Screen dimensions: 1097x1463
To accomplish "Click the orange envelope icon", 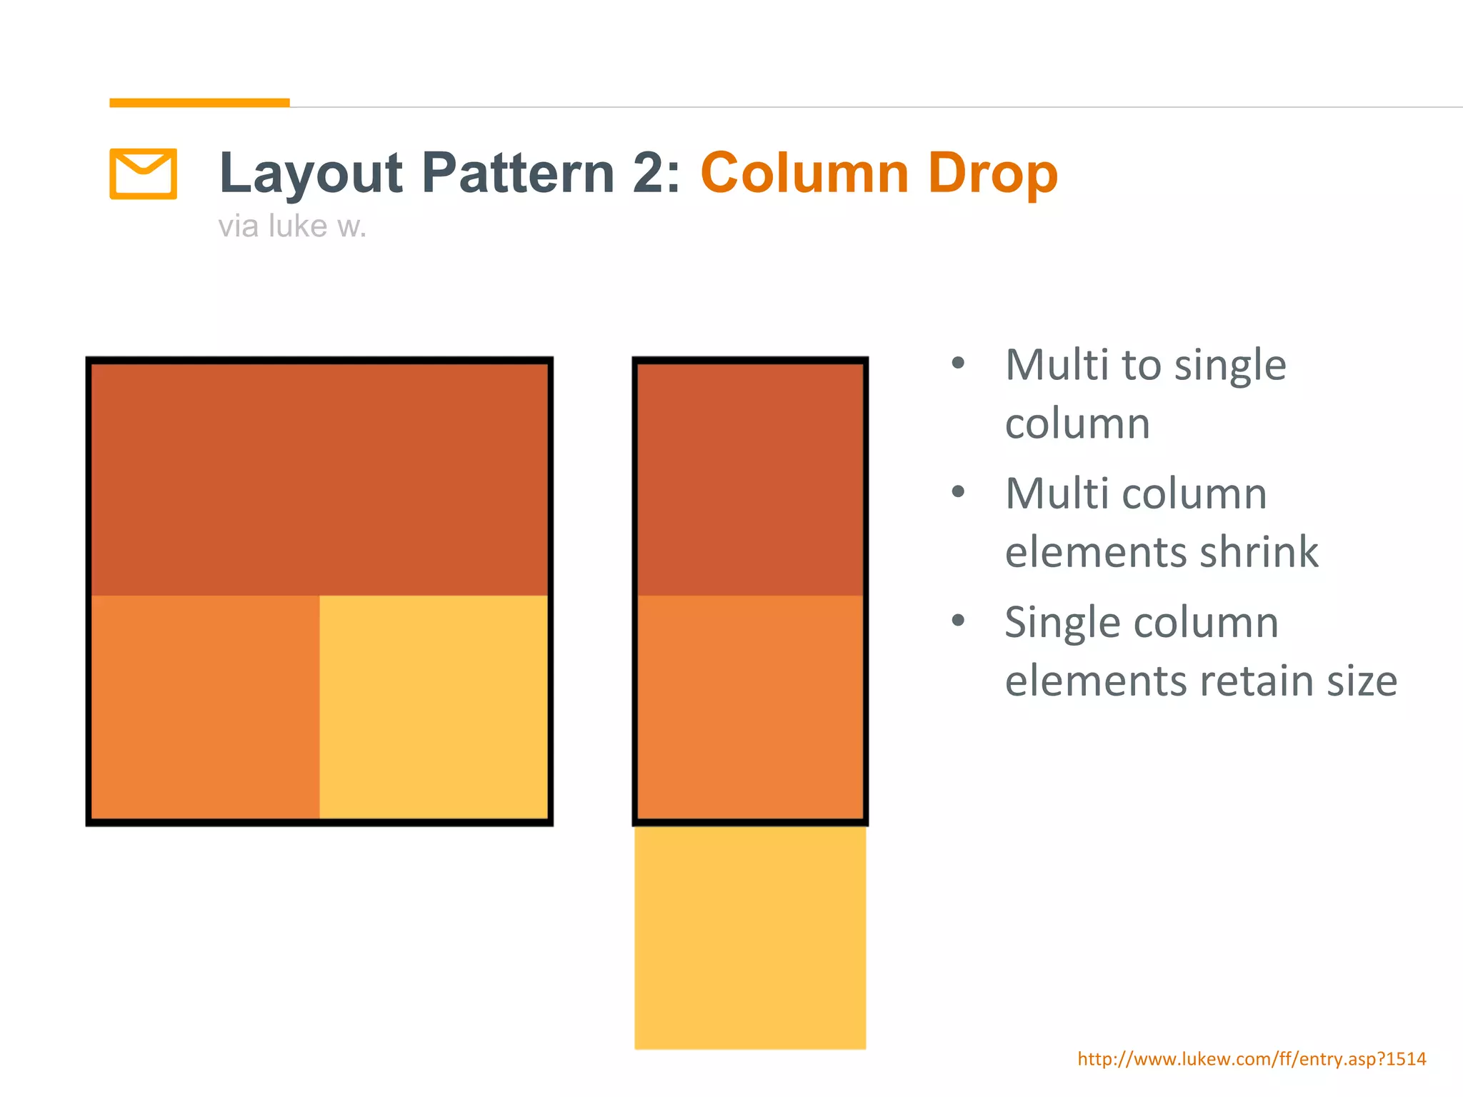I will pos(143,174).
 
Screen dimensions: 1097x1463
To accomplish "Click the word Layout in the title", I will pos(311,174).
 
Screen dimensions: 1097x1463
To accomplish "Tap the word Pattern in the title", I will pos(518,174).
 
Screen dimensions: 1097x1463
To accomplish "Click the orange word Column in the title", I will pos(804,174).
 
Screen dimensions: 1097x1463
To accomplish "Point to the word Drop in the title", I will pos(993,174).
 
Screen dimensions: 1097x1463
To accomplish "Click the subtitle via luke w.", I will pos(292,226).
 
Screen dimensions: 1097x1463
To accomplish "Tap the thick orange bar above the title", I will pos(199,103).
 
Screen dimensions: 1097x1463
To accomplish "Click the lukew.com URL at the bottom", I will pos(1252,1058).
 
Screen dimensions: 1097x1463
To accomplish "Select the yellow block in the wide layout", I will pos(433,706).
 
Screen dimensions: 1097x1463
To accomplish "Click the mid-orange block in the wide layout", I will pos(205,706).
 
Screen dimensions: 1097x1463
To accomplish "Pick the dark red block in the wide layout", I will pos(319,479).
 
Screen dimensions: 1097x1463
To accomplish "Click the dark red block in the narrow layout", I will pos(750,479).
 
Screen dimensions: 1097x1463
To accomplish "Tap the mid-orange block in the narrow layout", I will pos(750,706).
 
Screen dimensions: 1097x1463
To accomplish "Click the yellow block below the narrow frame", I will pos(750,937).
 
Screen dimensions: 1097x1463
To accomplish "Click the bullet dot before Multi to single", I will pos(959,364).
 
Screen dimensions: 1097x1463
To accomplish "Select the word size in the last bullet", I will pos(1362,681).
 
